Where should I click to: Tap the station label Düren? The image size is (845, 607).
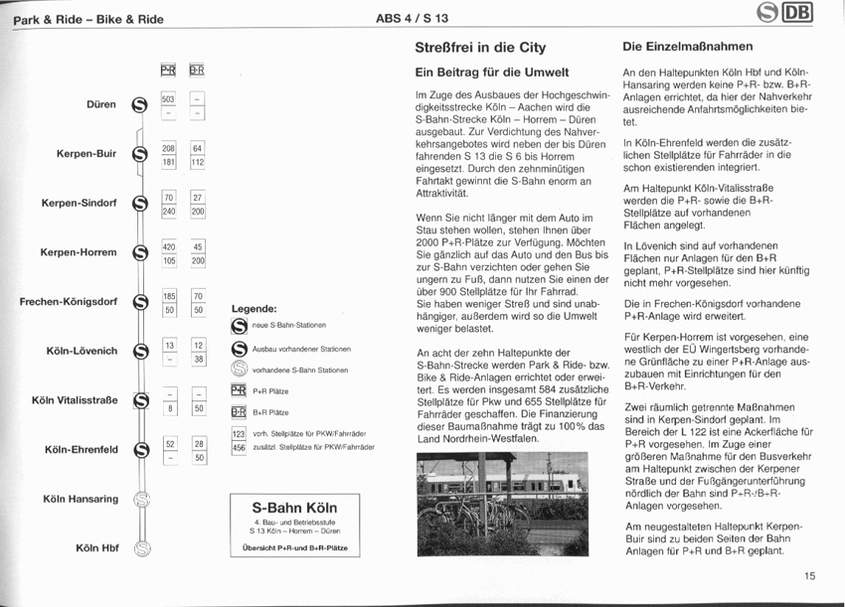coord(100,103)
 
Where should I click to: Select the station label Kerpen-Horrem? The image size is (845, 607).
coord(79,252)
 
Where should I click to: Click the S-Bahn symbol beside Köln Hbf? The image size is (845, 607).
coord(142,547)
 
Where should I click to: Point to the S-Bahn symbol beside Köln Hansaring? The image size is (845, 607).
coord(142,499)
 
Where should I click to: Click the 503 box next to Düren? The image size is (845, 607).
coord(168,98)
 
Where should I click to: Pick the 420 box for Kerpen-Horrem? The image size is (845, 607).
coord(168,246)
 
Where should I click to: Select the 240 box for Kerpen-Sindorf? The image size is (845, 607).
coord(168,212)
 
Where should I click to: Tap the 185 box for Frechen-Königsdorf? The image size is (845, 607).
coord(168,295)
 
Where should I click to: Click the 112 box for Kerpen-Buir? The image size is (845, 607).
coord(198,162)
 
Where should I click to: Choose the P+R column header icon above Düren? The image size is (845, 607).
coord(168,70)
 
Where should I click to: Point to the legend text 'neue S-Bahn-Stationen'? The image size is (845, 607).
coord(289,326)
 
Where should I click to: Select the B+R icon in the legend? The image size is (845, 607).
coord(238,411)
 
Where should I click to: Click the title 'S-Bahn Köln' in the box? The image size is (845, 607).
coord(294,507)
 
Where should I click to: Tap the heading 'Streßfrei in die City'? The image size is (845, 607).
coord(480,47)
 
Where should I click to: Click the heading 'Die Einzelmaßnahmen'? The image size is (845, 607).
coord(687,47)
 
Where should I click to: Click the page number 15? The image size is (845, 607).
coord(809,575)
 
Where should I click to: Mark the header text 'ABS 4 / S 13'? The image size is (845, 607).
coord(412,18)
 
